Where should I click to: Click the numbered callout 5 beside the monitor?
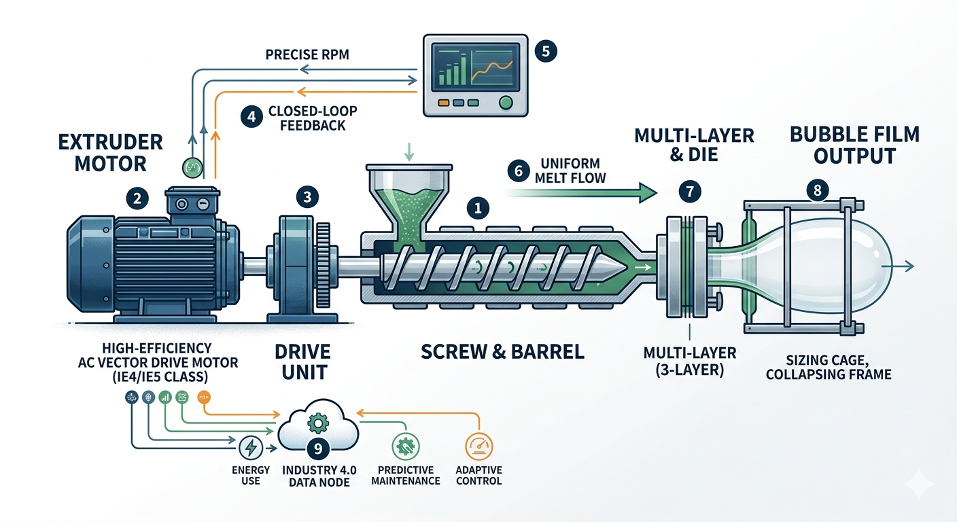pos(546,51)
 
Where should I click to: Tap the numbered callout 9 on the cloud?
pos(316,448)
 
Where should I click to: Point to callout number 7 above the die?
pos(690,192)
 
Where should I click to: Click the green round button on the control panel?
pos(506,103)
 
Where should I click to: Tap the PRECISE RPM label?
pos(307,54)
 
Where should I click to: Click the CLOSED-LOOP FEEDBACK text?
pos(303,118)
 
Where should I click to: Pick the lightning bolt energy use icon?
pos(250,448)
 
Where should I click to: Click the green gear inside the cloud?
pos(316,423)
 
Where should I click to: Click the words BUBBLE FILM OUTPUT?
pos(854,144)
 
